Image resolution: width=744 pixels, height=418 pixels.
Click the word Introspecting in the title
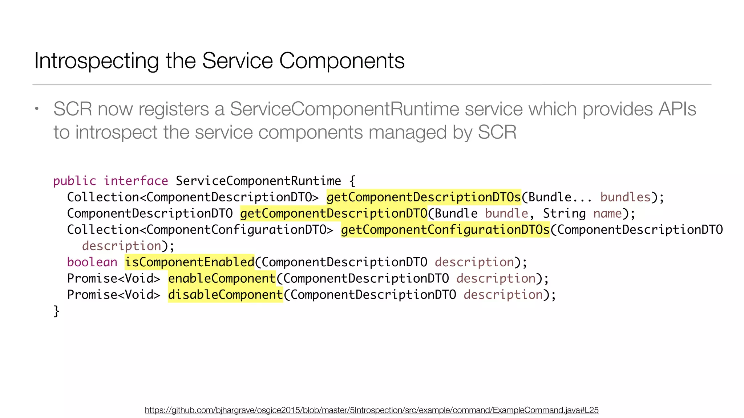[x=97, y=61]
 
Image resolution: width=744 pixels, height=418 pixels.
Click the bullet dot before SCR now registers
[x=37, y=108]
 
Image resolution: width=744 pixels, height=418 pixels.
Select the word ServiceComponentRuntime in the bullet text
[x=344, y=109]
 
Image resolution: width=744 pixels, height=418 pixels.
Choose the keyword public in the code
[x=74, y=181]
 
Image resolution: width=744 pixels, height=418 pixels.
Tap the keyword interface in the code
[x=136, y=181]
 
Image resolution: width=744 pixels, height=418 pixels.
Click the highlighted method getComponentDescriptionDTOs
[x=424, y=197]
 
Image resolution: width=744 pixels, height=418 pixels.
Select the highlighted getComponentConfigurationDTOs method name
[x=445, y=230]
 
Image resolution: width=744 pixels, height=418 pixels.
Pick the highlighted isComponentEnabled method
[x=189, y=262]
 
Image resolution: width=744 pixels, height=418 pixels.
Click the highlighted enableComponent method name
[x=222, y=278]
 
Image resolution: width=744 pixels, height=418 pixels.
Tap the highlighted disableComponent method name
[x=225, y=295]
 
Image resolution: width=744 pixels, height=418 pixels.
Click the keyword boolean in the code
[x=92, y=262]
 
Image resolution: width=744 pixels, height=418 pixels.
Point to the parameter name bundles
[x=625, y=197]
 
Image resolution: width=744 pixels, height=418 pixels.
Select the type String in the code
[x=564, y=213]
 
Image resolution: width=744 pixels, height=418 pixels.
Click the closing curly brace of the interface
[x=56, y=311]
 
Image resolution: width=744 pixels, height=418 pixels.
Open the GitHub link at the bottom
[x=372, y=410]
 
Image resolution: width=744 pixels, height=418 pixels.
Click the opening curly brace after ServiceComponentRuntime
[x=352, y=181]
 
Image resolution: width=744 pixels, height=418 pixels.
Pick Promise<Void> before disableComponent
[x=114, y=295]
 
